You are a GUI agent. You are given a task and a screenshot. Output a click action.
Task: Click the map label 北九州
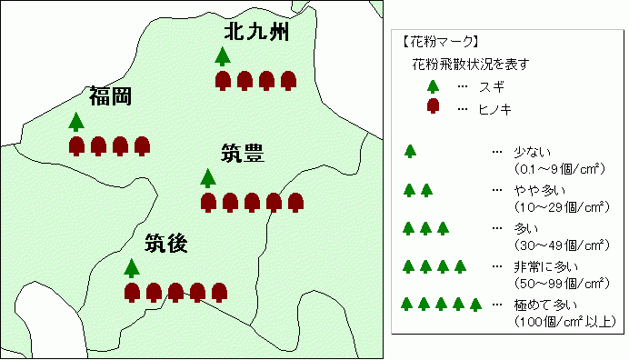[256, 33]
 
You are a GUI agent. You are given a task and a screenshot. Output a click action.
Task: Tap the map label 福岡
[111, 95]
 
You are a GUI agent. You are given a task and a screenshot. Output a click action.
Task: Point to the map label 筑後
[166, 243]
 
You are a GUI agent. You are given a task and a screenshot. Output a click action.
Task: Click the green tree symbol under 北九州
[223, 56]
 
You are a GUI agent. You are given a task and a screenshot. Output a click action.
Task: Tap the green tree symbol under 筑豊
[208, 177]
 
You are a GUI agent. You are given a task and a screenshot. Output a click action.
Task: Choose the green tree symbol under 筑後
[133, 267]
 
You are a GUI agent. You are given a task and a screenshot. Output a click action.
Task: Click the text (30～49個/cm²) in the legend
[561, 244]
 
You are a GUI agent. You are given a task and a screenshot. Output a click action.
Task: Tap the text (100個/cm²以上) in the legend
[565, 320]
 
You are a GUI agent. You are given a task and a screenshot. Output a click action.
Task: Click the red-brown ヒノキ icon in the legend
[434, 106]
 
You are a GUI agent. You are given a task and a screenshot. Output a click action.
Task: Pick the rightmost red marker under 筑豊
[295, 202]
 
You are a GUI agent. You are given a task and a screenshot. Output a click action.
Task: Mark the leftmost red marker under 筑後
[132, 292]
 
